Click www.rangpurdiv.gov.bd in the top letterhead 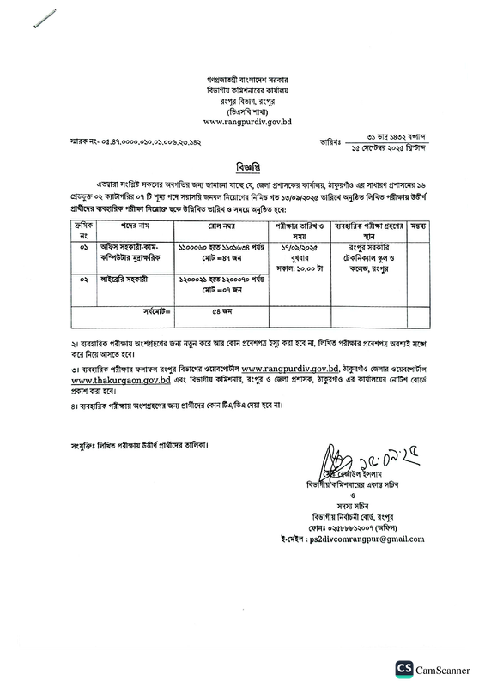point(242,121)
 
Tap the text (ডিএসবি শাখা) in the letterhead point(242,110)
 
